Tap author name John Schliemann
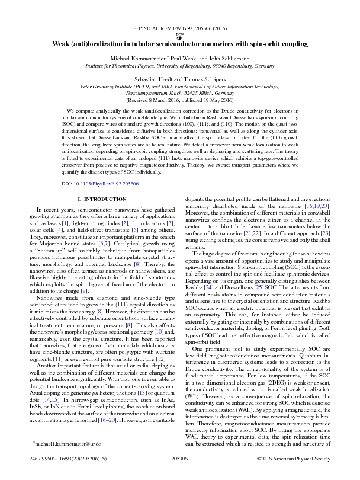click(228, 59)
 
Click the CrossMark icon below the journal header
click(180, 35)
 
